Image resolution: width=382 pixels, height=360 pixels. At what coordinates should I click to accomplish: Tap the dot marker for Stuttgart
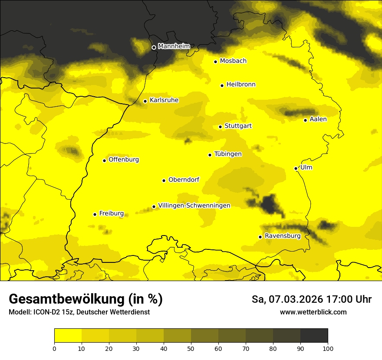pyautogui.click(x=220, y=127)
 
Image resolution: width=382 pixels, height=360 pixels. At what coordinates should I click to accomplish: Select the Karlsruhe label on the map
pyautogui.click(x=164, y=100)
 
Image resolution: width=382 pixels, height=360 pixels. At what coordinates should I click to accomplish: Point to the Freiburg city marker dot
pyautogui.click(x=95, y=214)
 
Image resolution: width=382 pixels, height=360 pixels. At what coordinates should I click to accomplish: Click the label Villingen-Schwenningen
pyautogui.click(x=194, y=206)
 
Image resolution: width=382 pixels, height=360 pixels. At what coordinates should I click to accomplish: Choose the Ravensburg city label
pyautogui.click(x=282, y=236)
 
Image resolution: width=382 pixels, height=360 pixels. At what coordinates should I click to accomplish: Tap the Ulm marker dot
pyautogui.click(x=296, y=168)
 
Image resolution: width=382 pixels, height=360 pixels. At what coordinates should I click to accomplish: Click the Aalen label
pyautogui.click(x=318, y=119)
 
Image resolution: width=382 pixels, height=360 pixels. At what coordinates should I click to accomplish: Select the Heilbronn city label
pyautogui.click(x=241, y=85)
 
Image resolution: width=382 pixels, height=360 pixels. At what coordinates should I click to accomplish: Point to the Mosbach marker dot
pyautogui.click(x=215, y=62)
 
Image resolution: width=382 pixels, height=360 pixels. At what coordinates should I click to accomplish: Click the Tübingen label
pyautogui.click(x=228, y=154)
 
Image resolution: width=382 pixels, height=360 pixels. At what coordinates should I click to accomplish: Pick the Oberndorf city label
pyautogui.click(x=184, y=180)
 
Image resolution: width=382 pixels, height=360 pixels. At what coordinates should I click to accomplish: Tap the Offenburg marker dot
pyautogui.click(x=104, y=160)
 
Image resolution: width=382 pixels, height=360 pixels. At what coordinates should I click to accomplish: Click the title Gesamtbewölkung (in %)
pyautogui.click(x=86, y=299)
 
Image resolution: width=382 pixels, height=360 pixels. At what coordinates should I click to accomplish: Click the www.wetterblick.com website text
pyautogui.click(x=313, y=312)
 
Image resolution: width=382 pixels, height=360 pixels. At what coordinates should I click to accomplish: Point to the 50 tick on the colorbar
pyautogui.click(x=191, y=348)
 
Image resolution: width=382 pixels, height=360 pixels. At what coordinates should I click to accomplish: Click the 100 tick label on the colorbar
pyautogui.click(x=328, y=348)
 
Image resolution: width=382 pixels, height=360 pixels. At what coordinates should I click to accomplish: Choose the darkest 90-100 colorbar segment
pyautogui.click(x=314, y=335)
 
